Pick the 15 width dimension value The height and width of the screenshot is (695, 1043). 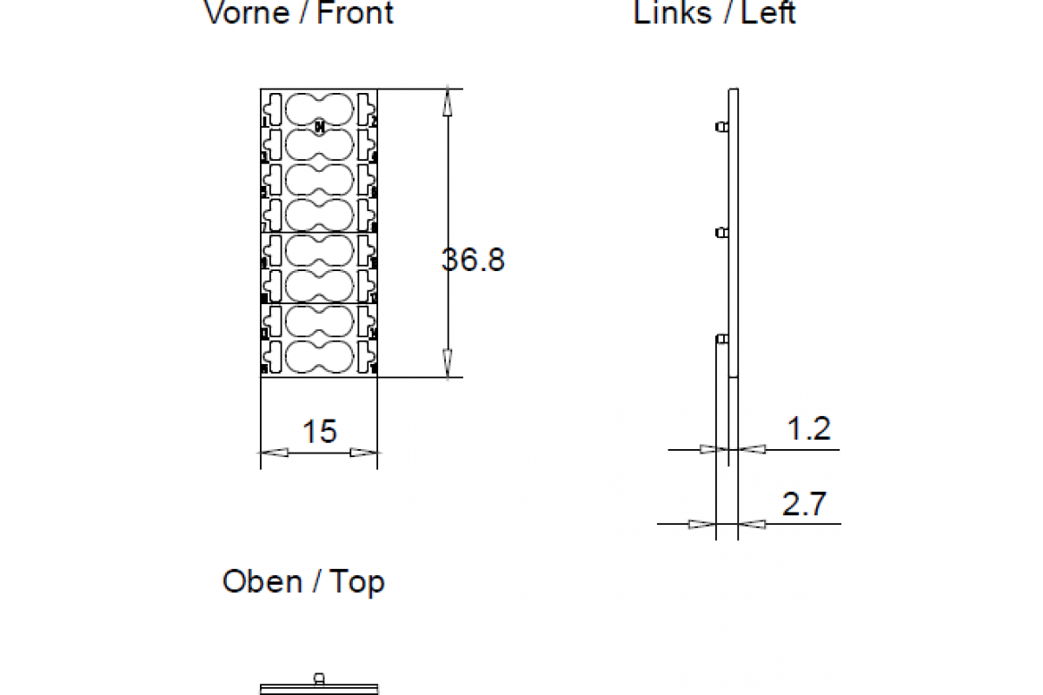pos(319,431)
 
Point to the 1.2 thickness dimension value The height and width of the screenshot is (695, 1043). pos(808,428)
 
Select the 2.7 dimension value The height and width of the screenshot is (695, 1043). pos(804,504)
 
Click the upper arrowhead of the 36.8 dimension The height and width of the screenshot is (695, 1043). pos(448,103)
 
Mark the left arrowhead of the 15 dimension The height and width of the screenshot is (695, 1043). pos(275,452)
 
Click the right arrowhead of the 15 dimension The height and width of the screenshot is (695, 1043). pos(364,452)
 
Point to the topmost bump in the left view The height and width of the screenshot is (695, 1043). pos(721,127)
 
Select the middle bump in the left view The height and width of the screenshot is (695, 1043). pos(721,232)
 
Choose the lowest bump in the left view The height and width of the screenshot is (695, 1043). pos(721,338)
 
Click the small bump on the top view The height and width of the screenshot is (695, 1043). pos(319,677)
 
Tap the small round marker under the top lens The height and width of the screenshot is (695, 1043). pos(320,127)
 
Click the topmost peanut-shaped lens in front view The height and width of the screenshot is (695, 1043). pos(320,109)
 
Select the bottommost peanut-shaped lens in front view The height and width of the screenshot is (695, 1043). pos(320,357)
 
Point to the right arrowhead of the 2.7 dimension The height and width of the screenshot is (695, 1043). pos(752,524)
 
